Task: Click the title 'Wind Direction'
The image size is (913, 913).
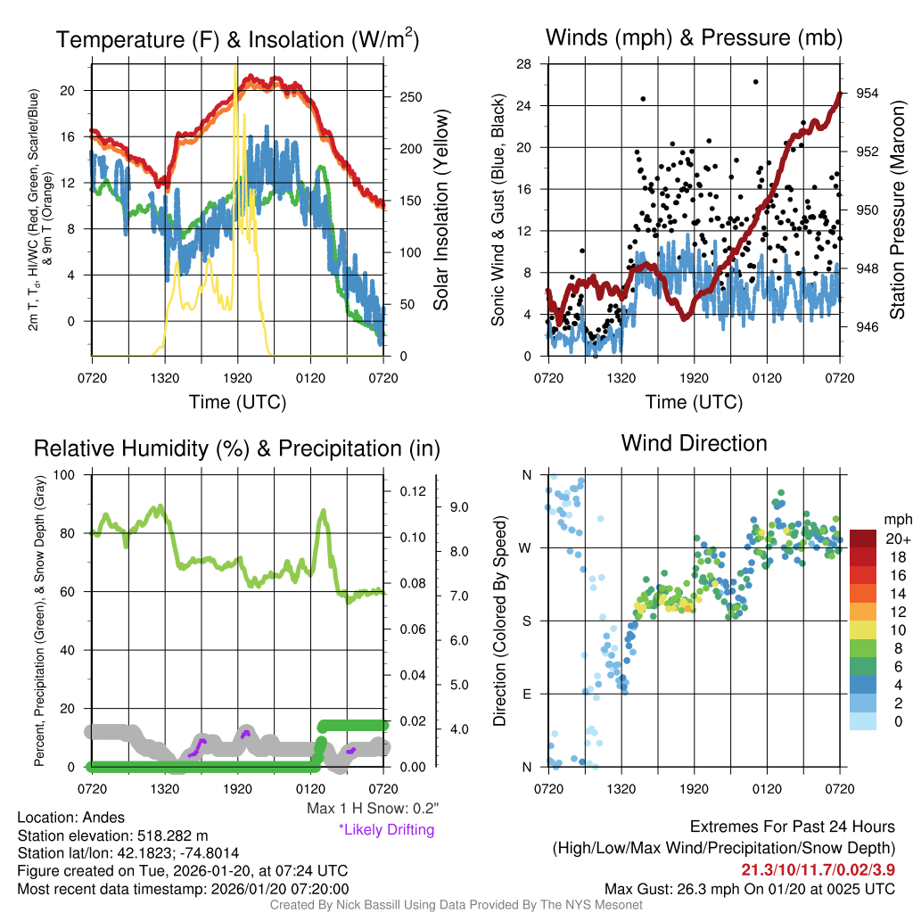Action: click(694, 443)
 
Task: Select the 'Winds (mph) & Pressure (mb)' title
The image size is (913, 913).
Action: click(694, 37)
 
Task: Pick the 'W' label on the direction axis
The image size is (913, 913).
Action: click(526, 547)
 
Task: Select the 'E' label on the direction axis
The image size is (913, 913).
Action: click(526, 694)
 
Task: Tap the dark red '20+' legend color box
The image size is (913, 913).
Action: click(863, 539)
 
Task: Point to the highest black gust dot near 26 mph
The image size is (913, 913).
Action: click(755, 82)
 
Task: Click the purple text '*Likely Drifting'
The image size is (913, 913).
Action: click(385, 829)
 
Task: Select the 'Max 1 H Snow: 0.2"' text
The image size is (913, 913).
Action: click(372, 808)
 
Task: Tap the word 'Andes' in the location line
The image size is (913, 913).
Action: click(104, 818)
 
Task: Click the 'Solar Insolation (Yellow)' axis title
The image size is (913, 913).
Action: click(440, 210)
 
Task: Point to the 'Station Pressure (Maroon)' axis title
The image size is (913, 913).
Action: click(897, 210)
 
